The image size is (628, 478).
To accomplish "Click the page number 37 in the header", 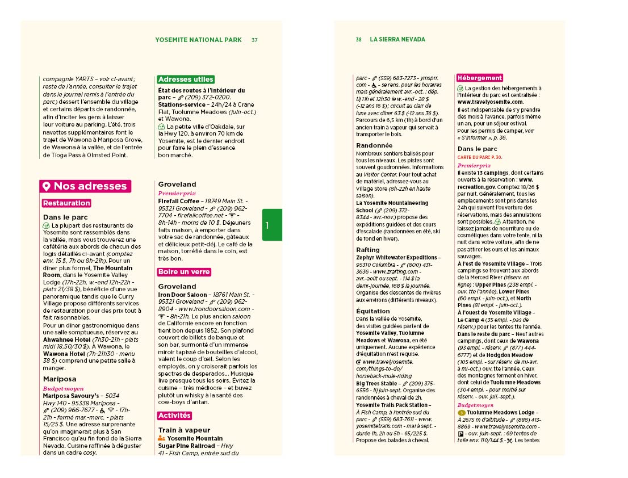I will coord(255,40).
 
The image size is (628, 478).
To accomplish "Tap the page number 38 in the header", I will coord(359,40).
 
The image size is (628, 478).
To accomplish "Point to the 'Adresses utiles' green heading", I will coord(186,79).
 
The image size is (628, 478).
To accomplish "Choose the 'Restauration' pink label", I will coord(66,203).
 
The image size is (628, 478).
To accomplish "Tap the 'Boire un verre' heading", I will coord(184,272).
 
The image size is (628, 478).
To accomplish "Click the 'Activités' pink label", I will coord(174,416).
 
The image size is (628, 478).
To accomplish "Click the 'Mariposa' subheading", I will coord(60,379).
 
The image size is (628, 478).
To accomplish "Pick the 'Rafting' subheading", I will coord(368,250).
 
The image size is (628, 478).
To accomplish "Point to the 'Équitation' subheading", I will coord(373,311).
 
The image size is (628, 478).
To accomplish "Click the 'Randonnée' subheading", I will coord(374,145).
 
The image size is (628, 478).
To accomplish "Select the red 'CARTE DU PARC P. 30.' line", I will coord(480,157).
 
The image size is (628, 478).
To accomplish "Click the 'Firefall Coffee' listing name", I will coord(179,201).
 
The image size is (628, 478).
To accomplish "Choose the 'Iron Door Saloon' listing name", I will coord(183,295).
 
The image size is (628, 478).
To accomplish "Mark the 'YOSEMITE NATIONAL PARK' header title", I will coord(198,40).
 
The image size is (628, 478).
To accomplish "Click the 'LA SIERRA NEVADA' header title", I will coord(397,40).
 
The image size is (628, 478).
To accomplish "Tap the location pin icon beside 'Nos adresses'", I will coord(47,186).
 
